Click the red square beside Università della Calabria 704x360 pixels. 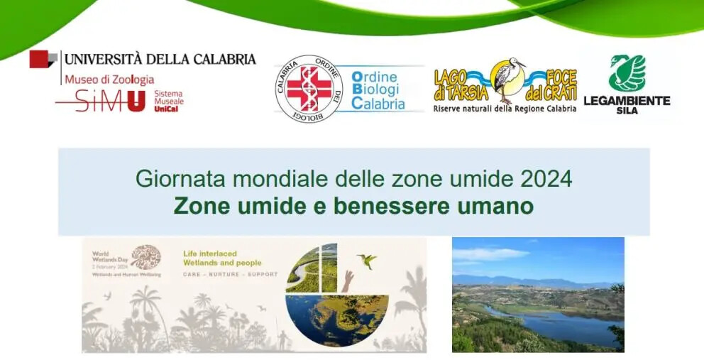(41, 60)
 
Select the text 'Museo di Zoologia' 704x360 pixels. (109, 80)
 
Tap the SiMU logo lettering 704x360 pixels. (101, 101)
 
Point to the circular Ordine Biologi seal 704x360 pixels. (309, 88)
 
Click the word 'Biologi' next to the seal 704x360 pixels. (375, 90)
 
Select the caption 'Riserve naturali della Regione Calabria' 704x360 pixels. (505, 109)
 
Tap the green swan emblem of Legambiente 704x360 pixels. (626, 73)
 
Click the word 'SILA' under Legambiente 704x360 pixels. (627, 111)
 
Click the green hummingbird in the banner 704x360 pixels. (367, 260)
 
